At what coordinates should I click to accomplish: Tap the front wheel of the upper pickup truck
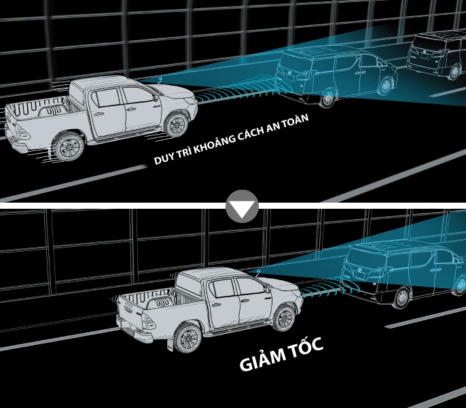[x=177, y=124]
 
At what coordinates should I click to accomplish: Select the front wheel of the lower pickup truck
[x=283, y=318]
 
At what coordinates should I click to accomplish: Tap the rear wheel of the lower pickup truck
[x=187, y=338]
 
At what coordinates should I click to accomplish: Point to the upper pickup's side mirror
[x=155, y=98]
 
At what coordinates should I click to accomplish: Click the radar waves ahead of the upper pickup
[x=235, y=92]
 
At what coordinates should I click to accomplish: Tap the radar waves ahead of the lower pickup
[x=321, y=290]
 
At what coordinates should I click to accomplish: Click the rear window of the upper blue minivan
[x=293, y=64]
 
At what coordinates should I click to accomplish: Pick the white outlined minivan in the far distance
[x=436, y=55]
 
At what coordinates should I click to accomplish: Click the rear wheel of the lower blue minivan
[x=402, y=298]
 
